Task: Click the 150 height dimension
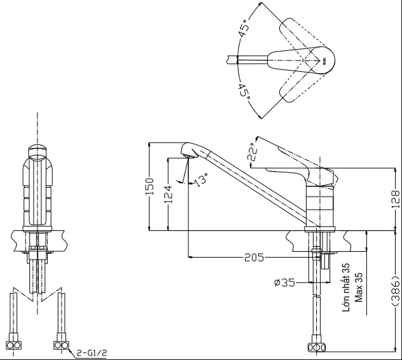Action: (150, 186)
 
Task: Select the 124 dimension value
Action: (168, 194)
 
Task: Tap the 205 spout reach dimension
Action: (254, 257)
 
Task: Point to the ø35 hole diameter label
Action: (284, 283)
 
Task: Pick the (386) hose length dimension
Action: (396, 291)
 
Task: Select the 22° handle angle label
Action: (253, 152)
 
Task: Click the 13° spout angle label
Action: (201, 180)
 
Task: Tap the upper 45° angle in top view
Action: (244, 29)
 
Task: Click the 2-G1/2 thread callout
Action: (92, 354)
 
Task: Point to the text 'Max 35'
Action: (359, 287)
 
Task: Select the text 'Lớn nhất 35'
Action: (346, 287)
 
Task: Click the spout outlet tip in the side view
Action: (189, 156)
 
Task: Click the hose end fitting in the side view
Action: (317, 347)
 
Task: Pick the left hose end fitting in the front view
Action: (13, 345)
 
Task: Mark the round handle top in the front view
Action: (38, 153)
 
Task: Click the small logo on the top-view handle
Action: (324, 61)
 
